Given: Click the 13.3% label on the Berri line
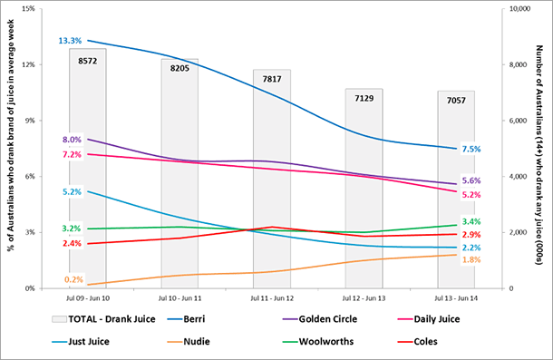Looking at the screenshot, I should pos(71,41).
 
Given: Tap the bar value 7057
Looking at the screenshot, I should pos(456,100).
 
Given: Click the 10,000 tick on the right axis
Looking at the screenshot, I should pos(519,9).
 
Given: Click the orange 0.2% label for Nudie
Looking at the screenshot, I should pos(73,279).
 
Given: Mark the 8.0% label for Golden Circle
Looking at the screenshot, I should pos(72,140).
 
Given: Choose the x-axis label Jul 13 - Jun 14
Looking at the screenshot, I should pos(456,298).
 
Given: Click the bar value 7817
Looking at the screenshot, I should pos(272,79).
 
